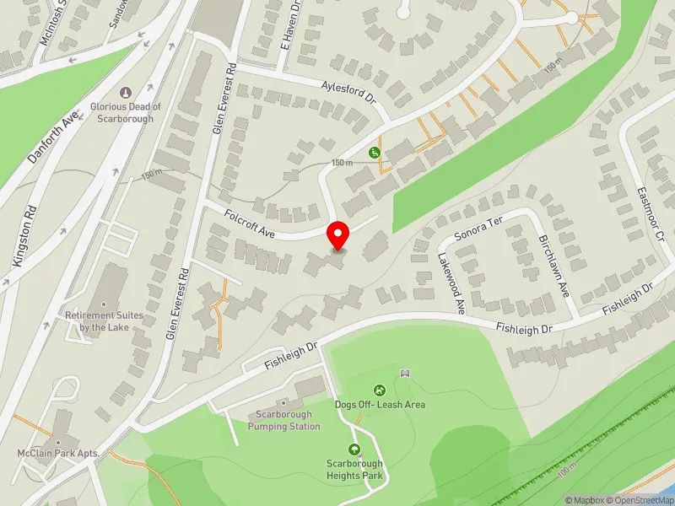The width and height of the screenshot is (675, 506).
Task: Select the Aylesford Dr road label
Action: (348, 90)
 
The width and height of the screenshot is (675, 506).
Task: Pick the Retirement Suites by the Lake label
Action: (105, 320)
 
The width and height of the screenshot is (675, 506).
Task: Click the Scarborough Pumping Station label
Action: (284, 420)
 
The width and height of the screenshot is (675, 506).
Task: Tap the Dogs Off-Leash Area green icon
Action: (380, 390)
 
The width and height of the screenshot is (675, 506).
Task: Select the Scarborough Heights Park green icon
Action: (354, 449)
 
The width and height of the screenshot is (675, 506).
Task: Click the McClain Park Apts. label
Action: (59, 454)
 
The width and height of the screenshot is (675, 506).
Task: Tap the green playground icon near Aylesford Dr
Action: (374, 153)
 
